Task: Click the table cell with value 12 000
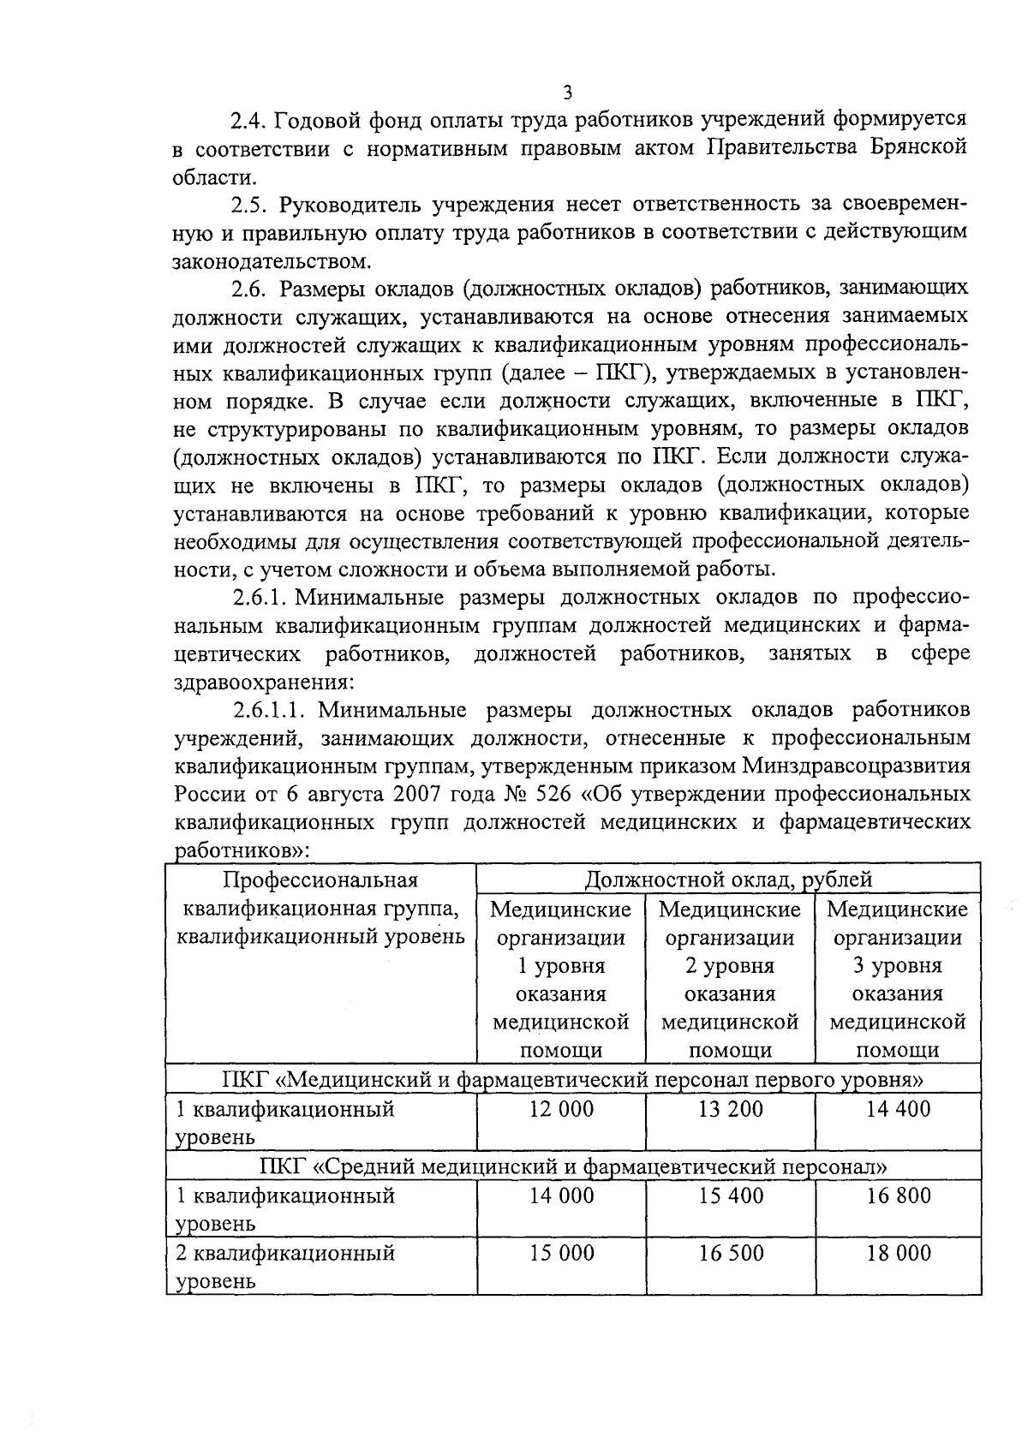point(561,1110)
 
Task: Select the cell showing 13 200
point(731,1110)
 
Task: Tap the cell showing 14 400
point(898,1110)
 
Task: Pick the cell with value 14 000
point(561,1196)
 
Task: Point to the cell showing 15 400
point(731,1196)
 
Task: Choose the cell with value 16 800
point(898,1196)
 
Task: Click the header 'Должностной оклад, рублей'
point(728,880)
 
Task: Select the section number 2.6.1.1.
point(273,710)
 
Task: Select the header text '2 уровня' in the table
point(730,966)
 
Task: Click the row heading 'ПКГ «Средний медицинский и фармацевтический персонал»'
point(573,1166)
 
